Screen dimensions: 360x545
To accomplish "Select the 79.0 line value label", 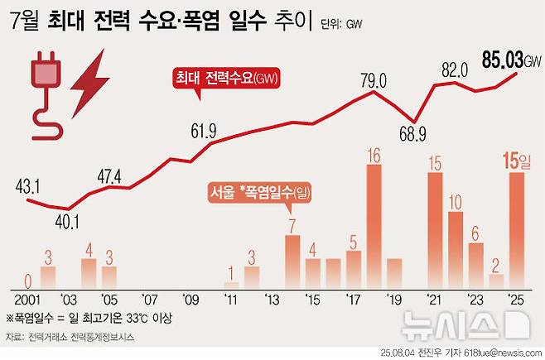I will [x=374, y=80].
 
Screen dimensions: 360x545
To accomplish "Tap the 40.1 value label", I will [x=69, y=221].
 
